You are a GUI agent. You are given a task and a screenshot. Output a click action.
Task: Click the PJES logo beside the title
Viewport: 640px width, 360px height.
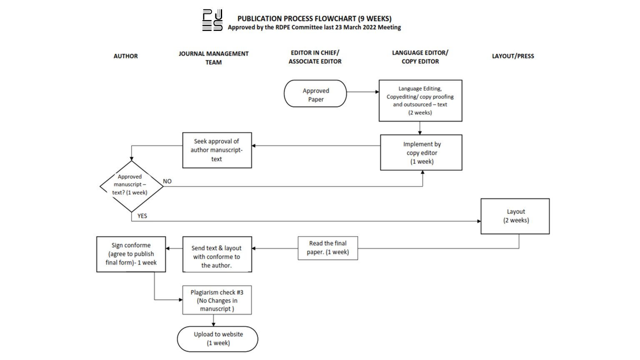[212, 20]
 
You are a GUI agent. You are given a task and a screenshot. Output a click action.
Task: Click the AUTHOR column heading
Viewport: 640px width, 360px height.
[125, 56]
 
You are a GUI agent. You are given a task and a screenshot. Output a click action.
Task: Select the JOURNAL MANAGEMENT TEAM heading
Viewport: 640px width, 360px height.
[213, 57]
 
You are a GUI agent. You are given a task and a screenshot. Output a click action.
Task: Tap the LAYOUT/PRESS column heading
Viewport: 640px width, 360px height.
[512, 56]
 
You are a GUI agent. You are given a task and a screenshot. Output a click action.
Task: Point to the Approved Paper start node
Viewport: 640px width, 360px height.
[315, 94]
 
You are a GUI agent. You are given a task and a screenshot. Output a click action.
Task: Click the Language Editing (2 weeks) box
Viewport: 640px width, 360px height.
[420, 100]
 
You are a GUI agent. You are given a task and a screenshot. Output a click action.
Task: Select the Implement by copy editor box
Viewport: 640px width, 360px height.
[421, 152]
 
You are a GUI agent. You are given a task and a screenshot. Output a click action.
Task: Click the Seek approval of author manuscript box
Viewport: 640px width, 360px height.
[217, 150]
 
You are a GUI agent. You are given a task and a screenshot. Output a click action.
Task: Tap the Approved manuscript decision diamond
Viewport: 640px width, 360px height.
[131, 186]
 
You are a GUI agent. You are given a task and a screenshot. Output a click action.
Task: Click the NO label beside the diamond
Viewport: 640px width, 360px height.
[167, 181]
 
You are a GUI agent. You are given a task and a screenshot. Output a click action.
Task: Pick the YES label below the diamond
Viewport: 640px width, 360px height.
[142, 216]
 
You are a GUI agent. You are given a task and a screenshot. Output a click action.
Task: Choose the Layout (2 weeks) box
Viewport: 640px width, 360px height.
[515, 216]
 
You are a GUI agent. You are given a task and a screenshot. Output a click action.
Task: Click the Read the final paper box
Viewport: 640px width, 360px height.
[327, 248]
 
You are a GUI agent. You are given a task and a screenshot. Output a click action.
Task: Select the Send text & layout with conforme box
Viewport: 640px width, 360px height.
[217, 255]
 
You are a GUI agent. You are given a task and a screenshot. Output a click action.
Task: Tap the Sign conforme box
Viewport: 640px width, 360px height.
[131, 254]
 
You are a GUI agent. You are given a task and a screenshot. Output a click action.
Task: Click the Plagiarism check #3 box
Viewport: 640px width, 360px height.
[217, 300]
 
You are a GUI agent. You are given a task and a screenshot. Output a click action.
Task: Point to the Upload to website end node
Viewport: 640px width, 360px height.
[217, 339]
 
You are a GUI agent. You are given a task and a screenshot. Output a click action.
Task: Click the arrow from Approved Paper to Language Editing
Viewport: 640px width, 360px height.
[362, 92]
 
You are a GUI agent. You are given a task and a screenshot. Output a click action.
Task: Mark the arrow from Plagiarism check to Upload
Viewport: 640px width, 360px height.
[213, 320]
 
